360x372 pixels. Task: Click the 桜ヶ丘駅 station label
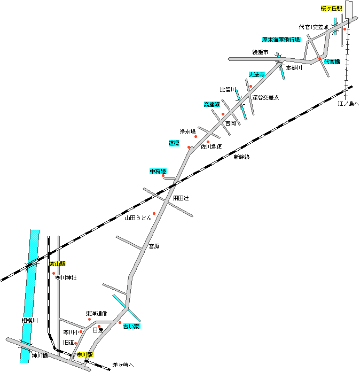[x=331, y=9]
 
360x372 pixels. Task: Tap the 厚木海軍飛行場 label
[x=281, y=40]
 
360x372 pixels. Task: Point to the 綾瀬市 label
[x=260, y=52]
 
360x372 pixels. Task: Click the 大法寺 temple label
[x=257, y=75]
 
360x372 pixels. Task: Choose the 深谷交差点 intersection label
[x=265, y=98]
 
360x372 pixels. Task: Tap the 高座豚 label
[x=212, y=105]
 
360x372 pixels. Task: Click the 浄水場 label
[x=187, y=131]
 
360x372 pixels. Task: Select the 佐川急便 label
[x=211, y=146]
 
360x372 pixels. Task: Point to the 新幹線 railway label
[x=241, y=157]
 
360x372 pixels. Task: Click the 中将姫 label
[x=158, y=171]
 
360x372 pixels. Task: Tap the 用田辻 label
[x=181, y=198]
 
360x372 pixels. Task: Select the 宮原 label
[x=154, y=246]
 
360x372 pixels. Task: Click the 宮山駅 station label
[x=58, y=264]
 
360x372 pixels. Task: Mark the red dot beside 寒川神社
[x=53, y=273]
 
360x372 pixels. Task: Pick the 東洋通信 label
[x=96, y=313]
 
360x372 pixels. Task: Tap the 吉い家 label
[x=131, y=326]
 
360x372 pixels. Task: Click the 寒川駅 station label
[x=84, y=354]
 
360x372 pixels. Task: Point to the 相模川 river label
[x=29, y=320]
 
